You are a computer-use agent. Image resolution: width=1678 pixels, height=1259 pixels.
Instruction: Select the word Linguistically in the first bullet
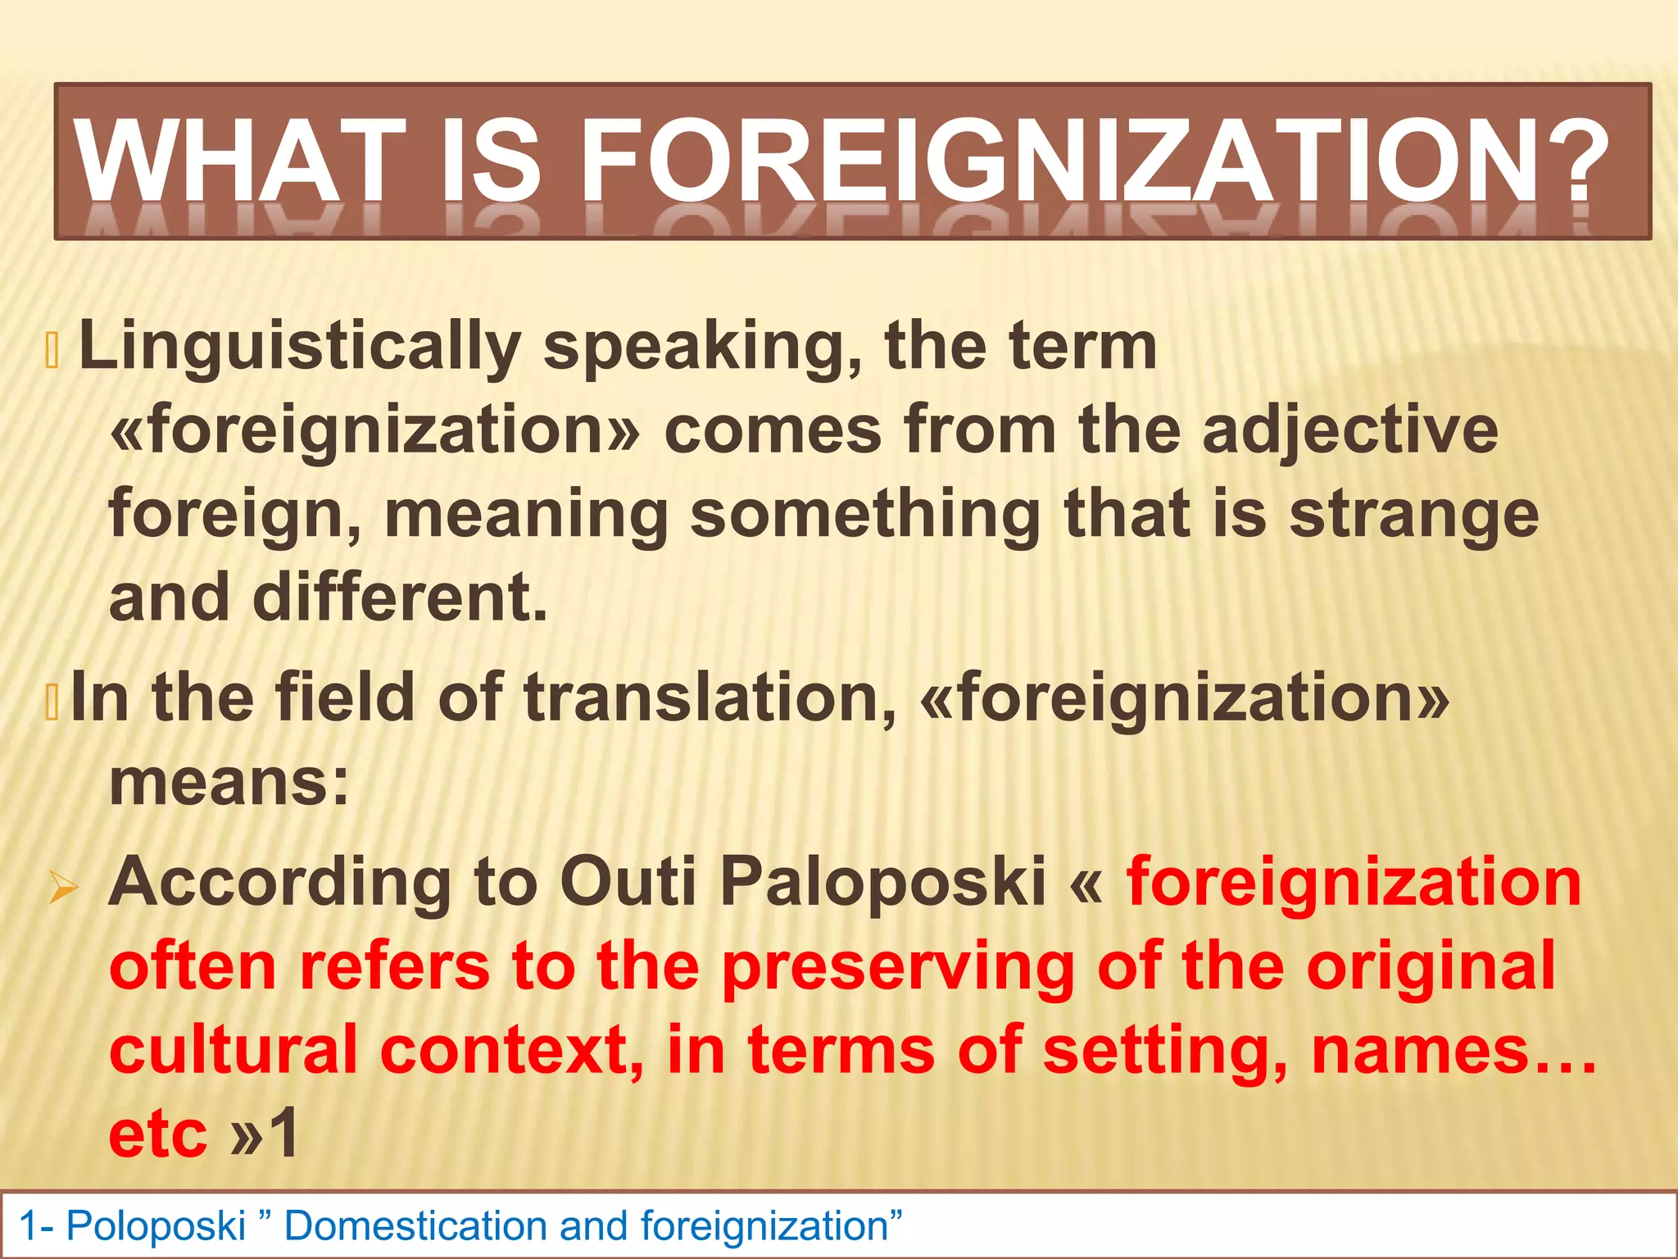click(x=300, y=346)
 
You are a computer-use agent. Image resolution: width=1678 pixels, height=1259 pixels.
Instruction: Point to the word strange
click(x=1413, y=516)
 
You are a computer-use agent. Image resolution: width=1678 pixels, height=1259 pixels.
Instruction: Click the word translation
click(x=710, y=698)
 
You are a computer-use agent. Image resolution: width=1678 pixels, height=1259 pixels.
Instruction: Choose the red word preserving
click(x=897, y=968)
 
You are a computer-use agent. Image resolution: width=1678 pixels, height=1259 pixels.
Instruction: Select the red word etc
click(x=158, y=1135)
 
